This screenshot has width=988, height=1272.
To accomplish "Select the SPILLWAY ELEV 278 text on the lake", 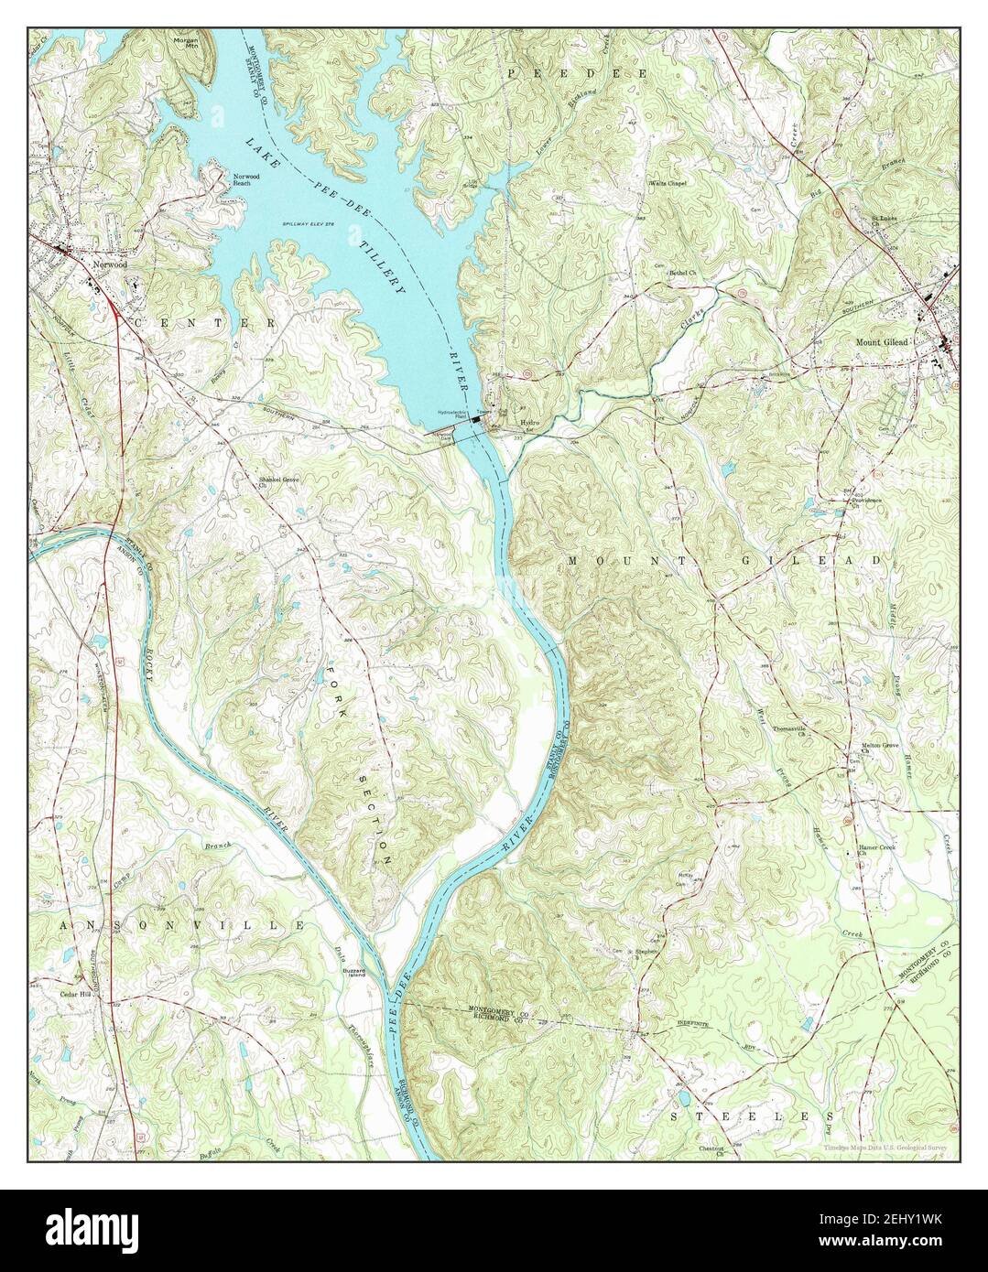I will tap(306, 222).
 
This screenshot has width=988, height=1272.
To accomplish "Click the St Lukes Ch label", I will tap(883, 220).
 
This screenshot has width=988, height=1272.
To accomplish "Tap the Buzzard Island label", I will tap(353, 974).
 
